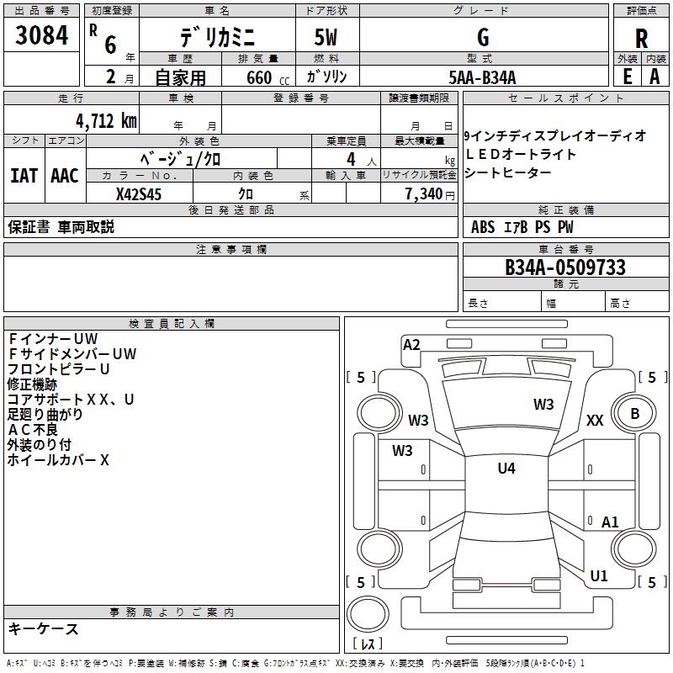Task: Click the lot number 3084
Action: pos(41,36)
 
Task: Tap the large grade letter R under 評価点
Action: pos(641,38)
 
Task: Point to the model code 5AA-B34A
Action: pos(482,77)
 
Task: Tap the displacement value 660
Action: pos(258,77)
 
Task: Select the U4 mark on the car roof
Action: pos(506,469)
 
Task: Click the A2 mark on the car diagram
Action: pos(411,344)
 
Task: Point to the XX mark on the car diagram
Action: pos(595,421)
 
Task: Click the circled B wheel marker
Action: pos(635,413)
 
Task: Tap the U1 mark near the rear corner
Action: pos(599,576)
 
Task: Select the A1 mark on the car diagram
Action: pos(610,522)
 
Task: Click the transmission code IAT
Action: pos(24,176)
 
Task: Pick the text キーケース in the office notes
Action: pos(43,629)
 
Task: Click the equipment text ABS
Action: pos(483,227)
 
